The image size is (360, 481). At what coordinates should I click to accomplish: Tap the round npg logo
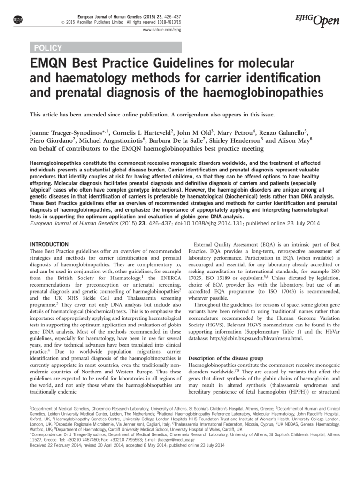click(x=18, y=19)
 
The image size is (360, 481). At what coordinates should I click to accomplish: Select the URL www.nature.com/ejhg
click(x=161, y=29)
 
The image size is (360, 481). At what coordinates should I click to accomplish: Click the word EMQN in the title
click(x=49, y=63)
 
